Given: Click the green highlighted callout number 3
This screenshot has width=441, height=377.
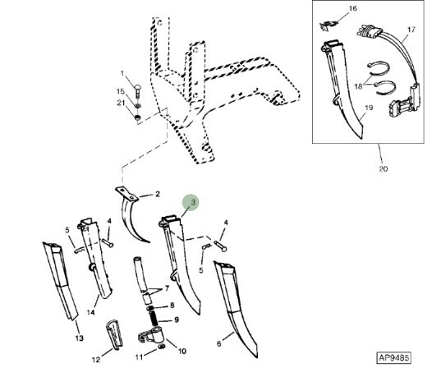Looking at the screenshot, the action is click(x=191, y=202).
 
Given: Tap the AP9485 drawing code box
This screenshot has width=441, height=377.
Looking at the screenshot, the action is click(x=393, y=358).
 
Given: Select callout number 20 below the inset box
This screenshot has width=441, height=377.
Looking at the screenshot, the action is click(x=384, y=169).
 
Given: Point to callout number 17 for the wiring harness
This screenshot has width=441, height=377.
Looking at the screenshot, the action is click(x=411, y=30).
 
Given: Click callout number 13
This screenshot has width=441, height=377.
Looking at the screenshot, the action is click(x=80, y=338).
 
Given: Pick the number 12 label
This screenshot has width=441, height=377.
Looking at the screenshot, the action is click(x=96, y=360).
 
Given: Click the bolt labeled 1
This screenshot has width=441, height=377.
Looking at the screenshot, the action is click(x=137, y=90).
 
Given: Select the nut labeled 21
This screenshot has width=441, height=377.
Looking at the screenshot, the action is click(x=137, y=117).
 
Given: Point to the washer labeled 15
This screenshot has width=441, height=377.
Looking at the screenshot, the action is click(x=138, y=106).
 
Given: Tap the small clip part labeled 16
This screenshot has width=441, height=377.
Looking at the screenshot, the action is click(x=328, y=25).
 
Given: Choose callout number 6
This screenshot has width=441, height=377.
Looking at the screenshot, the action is click(x=218, y=343).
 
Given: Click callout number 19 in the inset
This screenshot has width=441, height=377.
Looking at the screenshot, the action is click(x=369, y=108).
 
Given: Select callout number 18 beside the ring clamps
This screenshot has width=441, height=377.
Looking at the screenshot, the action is click(x=358, y=86).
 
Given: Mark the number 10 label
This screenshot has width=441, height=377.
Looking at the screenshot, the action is click(x=182, y=351).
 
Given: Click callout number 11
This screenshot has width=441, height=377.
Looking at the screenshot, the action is click(x=140, y=357).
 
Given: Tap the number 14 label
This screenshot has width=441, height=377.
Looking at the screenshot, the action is click(x=90, y=312).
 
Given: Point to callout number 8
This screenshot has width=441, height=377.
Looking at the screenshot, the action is click(x=172, y=306).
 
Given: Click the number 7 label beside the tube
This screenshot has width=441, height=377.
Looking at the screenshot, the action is click(x=167, y=288).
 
